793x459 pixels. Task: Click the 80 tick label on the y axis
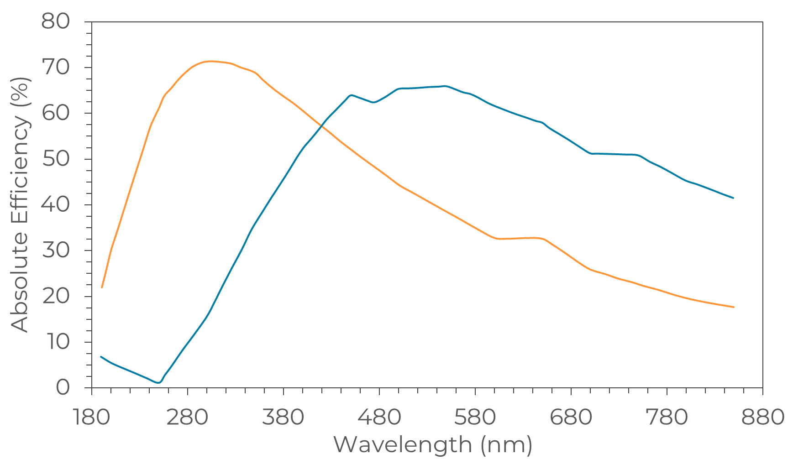(55, 21)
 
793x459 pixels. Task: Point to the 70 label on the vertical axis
(55, 68)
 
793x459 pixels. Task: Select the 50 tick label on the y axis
(55, 159)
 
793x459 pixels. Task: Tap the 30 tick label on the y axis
(55, 250)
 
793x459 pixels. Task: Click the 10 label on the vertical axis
(55, 342)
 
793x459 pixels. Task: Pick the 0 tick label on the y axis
(63, 388)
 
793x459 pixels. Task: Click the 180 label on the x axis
(92, 417)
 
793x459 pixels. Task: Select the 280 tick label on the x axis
(188, 417)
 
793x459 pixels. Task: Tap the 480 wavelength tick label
(379, 417)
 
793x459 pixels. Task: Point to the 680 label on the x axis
(571, 417)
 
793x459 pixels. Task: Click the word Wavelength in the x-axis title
(403, 444)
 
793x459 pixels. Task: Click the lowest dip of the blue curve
(158, 382)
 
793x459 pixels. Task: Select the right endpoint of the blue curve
(733, 198)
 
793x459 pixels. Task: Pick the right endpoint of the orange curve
(733, 307)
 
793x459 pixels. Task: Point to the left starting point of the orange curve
(101, 287)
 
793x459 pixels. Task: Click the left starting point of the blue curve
(101, 357)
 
